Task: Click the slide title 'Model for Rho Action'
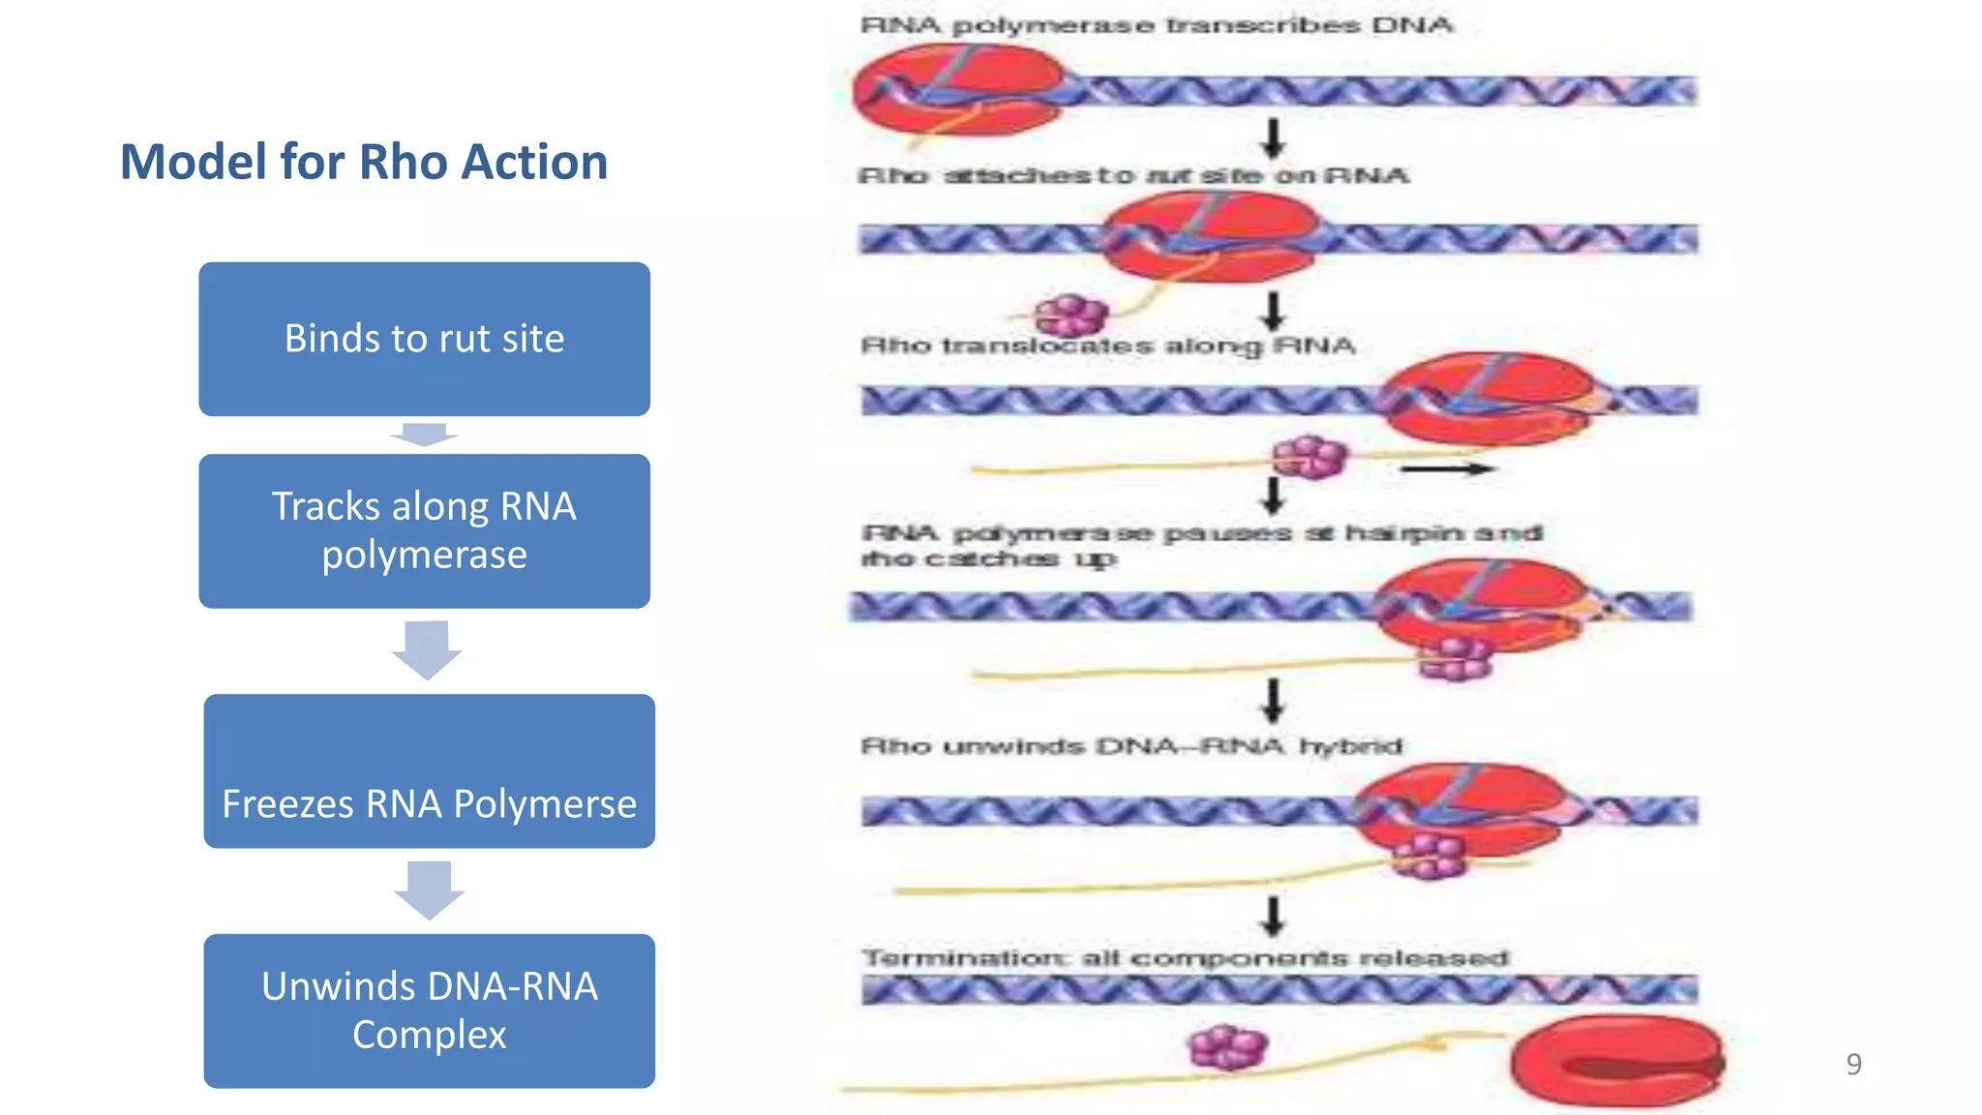pos(364,162)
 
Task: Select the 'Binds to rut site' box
pos(424,339)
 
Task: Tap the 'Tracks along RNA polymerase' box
pos(424,530)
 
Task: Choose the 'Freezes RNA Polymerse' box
pos(429,771)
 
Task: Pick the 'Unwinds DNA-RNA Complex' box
pos(429,1010)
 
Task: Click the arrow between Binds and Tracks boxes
pos(424,435)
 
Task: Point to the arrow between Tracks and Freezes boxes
pos(427,649)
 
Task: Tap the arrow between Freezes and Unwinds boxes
pos(429,889)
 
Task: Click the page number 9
pos(1853,1064)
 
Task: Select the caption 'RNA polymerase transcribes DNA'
pos(1156,26)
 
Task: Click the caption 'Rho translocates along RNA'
pos(1108,346)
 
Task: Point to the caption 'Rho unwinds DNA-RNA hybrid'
pos(1130,746)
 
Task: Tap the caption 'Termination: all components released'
pos(1185,958)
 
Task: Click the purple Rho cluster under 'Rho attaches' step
pos(1069,315)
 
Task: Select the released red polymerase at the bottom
pos(1617,1061)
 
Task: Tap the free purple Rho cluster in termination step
pos(1227,1046)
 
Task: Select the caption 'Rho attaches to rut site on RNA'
pos(1132,176)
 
